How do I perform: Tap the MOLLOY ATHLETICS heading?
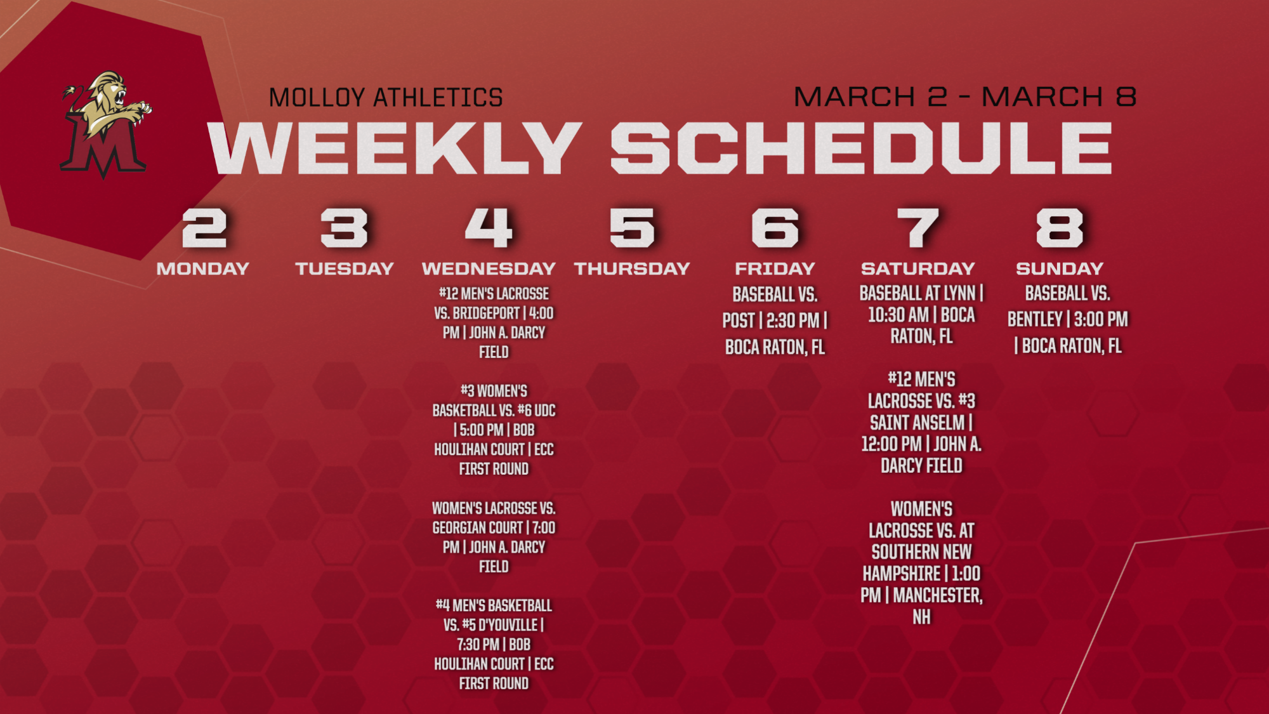pyautogui.click(x=386, y=98)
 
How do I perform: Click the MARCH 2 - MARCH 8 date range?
pyautogui.click(x=964, y=97)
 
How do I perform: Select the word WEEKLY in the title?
pyautogui.click(x=395, y=148)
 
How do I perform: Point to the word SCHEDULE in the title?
pyautogui.click(x=861, y=148)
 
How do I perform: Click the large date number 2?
pyautogui.click(x=204, y=228)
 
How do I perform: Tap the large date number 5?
pyautogui.click(x=631, y=228)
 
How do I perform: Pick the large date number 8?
pyautogui.click(x=1059, y=228)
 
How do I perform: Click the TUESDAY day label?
pyautogui.click(x=345, y=268)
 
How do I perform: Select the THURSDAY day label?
pyautogui.click(x=632, y=268)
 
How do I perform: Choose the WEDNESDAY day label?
pyautogui.click(x=489, y=268)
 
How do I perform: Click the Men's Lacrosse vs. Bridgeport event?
pyautogui.click(x=494, y=322)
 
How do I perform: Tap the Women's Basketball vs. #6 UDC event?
pyautogui.click(x=494, y=430)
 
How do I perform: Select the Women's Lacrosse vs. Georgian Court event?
pyautogui.click(x=494, y=537)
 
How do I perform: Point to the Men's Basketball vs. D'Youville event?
pyautogui.click(x=494, y=644)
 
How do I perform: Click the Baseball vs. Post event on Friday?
pyautogui.click(x=775, y=321)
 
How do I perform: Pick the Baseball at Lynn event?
pyautogui.click(x=921, y=315)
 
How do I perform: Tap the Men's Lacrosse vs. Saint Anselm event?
pyautogui.click(x=921, y=423)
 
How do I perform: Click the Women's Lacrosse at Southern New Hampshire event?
pyautogui.click(x=921, y=563)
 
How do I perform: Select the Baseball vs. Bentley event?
pyautogui.click(x=1068, y=319)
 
